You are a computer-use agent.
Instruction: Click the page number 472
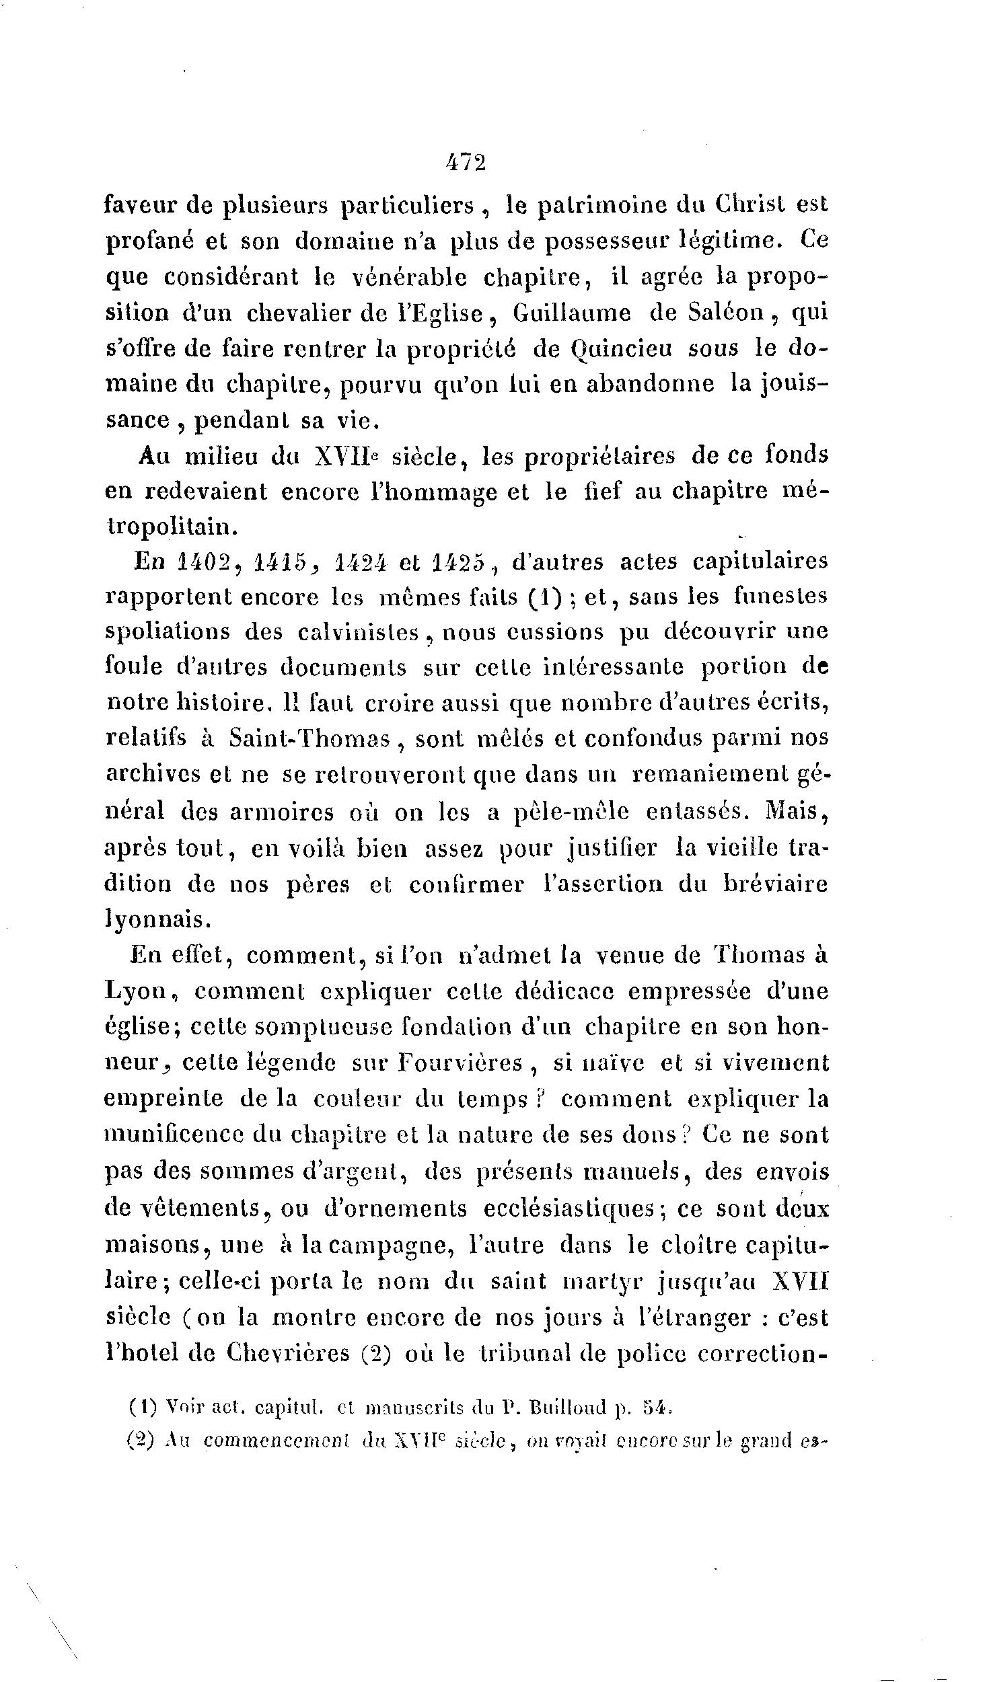coord(465,163)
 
